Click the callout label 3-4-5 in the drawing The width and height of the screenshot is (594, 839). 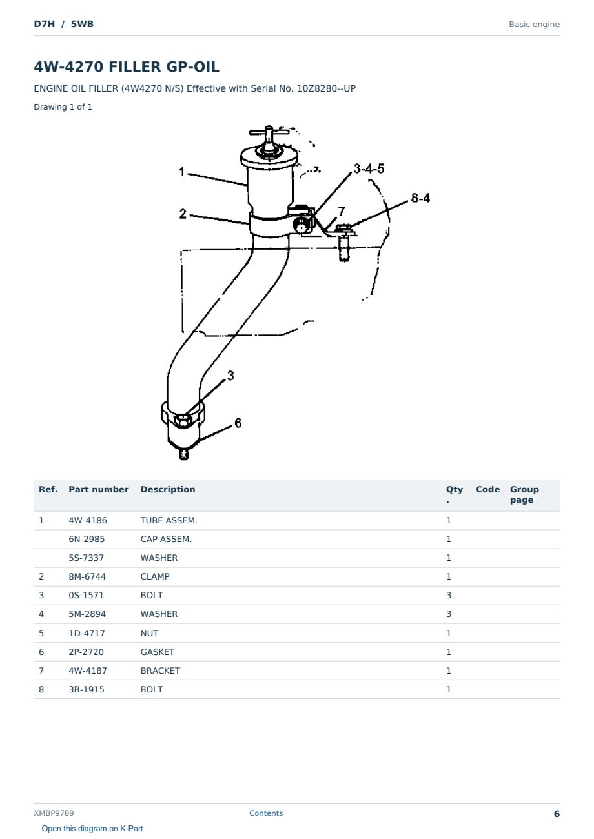coord(369,168)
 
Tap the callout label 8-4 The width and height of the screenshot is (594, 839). coord(420,197)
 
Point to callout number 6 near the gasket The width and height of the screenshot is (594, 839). coord(238,423)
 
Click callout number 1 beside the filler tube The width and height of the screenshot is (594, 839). coord(182,172)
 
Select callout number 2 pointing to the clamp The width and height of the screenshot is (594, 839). coord(183,214)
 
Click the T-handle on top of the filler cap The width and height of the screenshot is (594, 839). coord(269,132)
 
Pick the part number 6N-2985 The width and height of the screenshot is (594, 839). coord(87,539)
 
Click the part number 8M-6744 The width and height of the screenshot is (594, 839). coord(87,576)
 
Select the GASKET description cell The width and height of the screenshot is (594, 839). coord(158,652)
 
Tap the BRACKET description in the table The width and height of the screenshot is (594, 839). coord(160,671)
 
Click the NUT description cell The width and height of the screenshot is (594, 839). coord(150,633)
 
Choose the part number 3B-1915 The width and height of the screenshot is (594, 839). coord(87,689)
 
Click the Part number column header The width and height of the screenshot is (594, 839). coord(99,490)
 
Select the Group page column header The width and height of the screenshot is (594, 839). coord(524,494)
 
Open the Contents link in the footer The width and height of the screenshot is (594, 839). coord(266,813)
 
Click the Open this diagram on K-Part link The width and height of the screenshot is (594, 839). coord(92,829)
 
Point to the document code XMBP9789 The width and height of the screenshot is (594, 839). coord(54,813)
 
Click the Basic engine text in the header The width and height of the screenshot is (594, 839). coord(534,25)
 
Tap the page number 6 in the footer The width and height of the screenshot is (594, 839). coord(557,814)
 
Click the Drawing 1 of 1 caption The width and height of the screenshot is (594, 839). coord(63,107)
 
